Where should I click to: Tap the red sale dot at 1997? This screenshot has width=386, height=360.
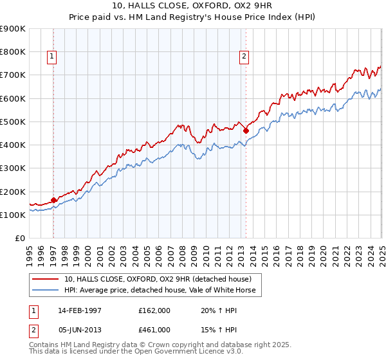(53, 200)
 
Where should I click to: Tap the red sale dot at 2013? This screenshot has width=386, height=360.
(246, 130)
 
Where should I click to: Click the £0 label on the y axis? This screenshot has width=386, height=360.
(19, 238)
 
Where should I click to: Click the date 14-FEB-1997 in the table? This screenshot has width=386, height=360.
(80, 310)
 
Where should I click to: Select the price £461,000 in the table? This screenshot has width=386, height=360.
(154, 330)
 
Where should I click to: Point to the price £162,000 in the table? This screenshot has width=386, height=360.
(154, 310)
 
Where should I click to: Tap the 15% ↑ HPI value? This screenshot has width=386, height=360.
(210, 330)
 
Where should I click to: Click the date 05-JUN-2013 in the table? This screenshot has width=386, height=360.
(80, 330)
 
